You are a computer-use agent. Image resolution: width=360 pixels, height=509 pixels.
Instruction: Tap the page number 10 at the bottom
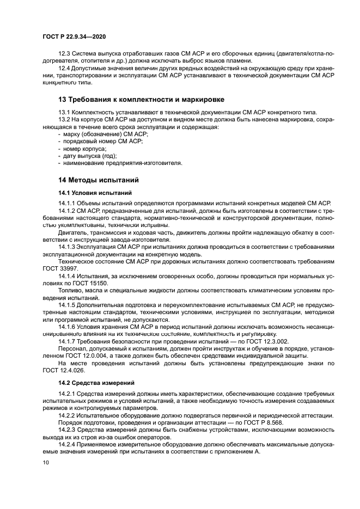point(46,463)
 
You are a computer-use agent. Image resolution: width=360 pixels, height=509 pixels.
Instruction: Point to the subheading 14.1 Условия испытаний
point(91,193)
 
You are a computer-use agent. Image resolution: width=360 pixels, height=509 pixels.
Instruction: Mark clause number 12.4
point(64,69)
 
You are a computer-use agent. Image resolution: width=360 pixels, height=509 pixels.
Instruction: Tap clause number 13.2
point(64,119)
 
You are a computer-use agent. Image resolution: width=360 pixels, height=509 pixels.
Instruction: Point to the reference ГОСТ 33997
point(60,268)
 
